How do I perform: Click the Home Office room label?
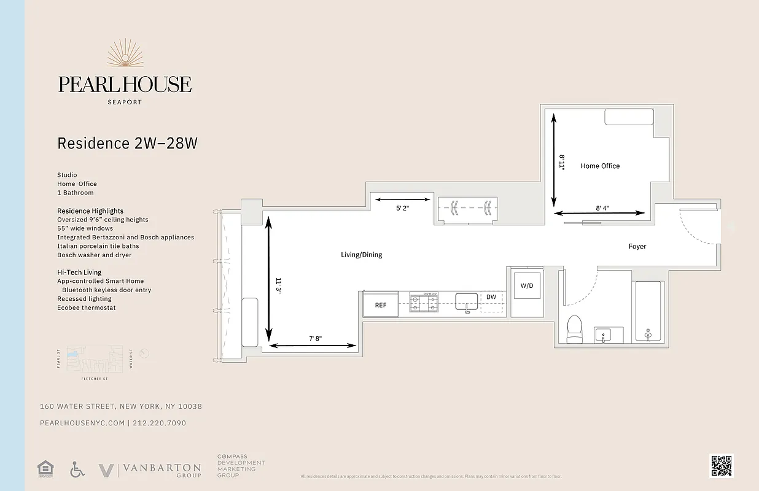point(600,166)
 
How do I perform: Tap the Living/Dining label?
point(361,255)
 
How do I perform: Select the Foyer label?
point(637,246)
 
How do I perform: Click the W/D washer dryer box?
point(527,286)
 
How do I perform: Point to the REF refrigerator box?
point(381,304)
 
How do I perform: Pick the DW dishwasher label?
point(491,297)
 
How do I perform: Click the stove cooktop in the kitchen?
point(424,301)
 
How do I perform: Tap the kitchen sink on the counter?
point(467,301)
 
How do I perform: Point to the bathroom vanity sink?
point(604,336)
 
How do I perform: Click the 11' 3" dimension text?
point(278,286)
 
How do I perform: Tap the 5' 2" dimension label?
point(402,208)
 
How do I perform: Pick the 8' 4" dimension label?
point(602,208)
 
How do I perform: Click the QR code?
point(721,465)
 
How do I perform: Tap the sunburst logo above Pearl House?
point(125,55)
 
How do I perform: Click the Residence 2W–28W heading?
point(127,143)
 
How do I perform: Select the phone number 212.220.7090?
point(159,423)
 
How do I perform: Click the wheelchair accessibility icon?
point(77,470)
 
